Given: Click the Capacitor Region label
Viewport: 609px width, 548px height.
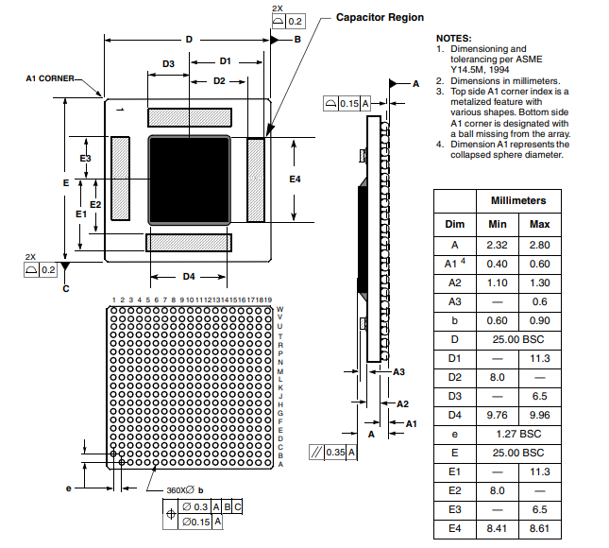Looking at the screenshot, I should pyautogui.click(x=381, y=17).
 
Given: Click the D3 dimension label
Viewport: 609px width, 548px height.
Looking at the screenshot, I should pyautogui.click(x=168, y=63).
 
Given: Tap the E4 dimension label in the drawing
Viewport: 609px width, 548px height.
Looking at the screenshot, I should pyautogui.click(x=295, y=179).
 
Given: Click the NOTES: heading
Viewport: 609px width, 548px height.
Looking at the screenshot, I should pyautogui.click(x=454, y=37).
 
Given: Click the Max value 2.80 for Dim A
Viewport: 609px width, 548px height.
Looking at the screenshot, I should pyautogui.click(x=540, y=245).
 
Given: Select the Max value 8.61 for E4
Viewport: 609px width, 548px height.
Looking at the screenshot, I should pyautogui.click(x=540, y=527).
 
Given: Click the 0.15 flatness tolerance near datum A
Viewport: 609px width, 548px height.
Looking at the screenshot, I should pyautogui.click(x=347, y=104).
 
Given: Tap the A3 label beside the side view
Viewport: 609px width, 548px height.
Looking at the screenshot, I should pyautogui.click(x=398, y=371).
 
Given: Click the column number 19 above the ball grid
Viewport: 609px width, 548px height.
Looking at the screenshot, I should pyautogui.click(x=267, y=300).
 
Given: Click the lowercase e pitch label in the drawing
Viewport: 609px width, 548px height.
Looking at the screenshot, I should pyautogui.click(x=68, y=488).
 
